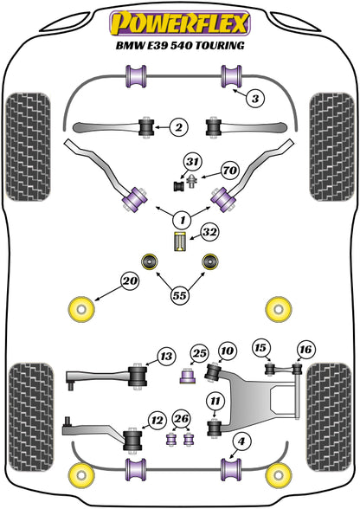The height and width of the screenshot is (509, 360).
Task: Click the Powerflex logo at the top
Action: [x=180, y=20]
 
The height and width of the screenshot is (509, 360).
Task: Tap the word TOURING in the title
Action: [x=219, y=44]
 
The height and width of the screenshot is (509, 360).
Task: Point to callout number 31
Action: [x=191, y=160]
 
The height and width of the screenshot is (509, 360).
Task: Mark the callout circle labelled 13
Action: [x=165, y=356]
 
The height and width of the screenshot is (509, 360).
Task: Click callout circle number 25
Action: [x=200, y=353]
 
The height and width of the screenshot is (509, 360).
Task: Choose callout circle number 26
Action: [x=180, y=420]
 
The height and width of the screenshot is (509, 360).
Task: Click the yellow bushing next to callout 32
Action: [x=180, y=243]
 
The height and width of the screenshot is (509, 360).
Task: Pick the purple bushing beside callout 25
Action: [x=185, y=376]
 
